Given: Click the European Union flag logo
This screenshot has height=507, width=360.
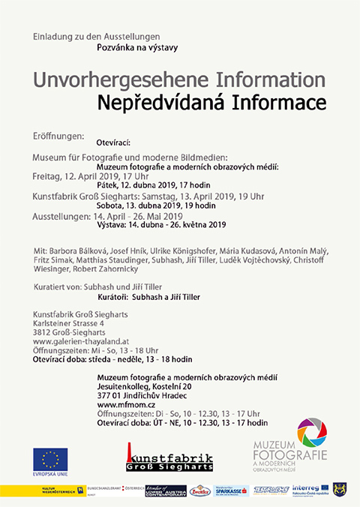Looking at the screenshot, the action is tap(50, 459).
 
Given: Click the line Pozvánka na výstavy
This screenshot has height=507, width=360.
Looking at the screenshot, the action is tap(133, 46).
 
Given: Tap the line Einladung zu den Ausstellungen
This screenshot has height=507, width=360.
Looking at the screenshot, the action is tap(96, 36).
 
